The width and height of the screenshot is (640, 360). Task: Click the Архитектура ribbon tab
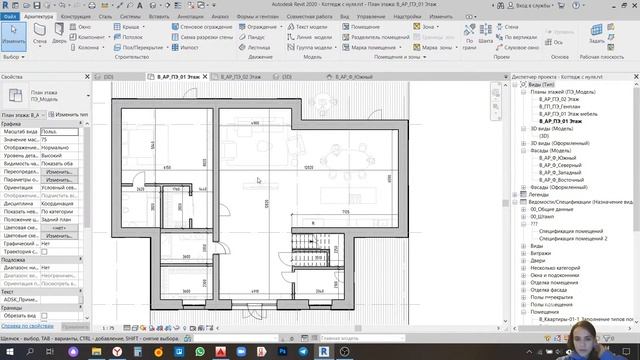tap(39, 17)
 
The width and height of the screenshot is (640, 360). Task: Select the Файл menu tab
tap(10, 17)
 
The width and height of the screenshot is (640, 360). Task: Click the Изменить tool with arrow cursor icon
tap(14, 39)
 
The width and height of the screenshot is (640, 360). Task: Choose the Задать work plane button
tap(596, 39)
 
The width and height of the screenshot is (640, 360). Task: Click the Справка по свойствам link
tap(26, 326)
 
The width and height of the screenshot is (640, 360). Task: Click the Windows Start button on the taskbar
tap(8, 351)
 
